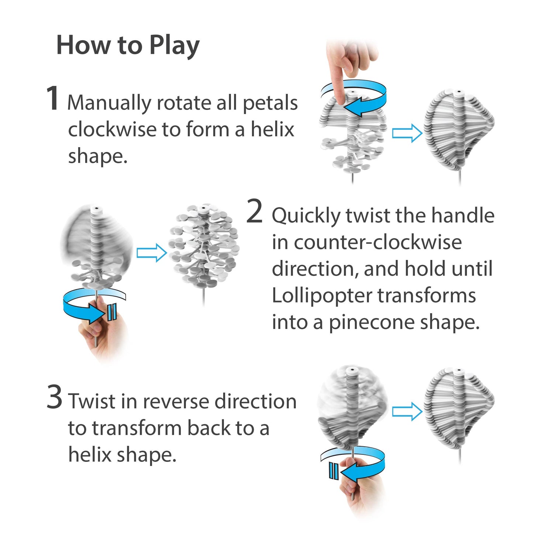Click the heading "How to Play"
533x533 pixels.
coord(128,46)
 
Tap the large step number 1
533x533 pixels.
coord(52,98)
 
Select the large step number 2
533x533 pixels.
coord(254,211)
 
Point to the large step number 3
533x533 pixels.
coord(55,397)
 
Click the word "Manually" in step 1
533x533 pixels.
coord(109,103)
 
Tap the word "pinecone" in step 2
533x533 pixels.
coord(372,323)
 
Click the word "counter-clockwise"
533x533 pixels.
coord(378,243)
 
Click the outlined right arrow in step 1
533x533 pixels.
coord(407,133)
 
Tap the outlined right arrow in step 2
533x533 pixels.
coord(152,253)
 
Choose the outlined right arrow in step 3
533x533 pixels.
coord(407,412)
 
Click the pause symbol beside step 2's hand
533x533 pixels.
coord(112,312)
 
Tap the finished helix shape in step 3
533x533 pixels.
coord(458,409)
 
